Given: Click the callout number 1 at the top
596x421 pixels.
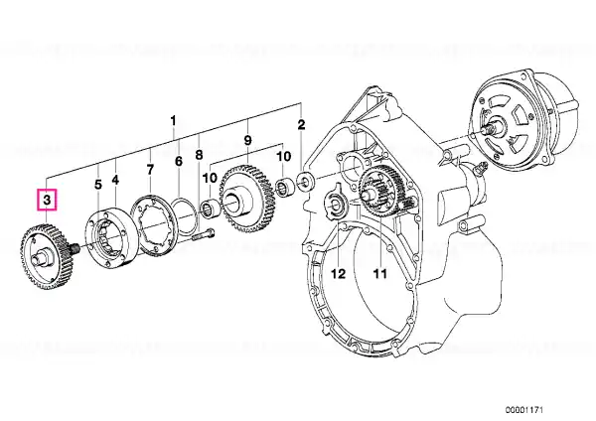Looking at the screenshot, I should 173,122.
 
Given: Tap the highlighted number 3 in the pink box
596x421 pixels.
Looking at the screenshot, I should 48,200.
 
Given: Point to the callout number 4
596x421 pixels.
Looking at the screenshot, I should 115,181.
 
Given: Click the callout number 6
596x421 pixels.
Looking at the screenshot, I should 179,162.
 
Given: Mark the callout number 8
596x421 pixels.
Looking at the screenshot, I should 199,155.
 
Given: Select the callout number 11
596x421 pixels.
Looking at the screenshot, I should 376,273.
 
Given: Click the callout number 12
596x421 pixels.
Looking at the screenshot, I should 337,273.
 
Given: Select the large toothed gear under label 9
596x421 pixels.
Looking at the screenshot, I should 241,198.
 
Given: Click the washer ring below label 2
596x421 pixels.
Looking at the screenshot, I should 305,181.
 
